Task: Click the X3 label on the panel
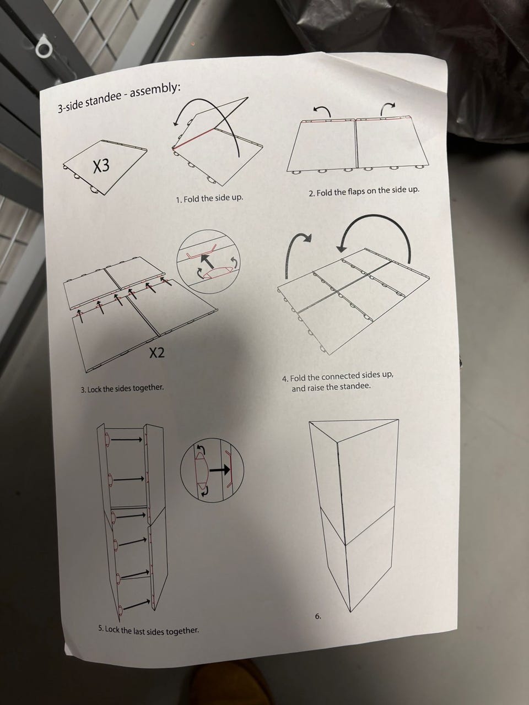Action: [x=101, y=166]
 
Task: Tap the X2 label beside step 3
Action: [x=157, y=353]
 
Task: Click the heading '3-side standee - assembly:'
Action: [x=118, y=97]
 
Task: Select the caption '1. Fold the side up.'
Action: [x=209, y=198]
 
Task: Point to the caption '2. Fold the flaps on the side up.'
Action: [x=364, y=192]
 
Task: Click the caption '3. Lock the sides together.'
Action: [x=122, y=388]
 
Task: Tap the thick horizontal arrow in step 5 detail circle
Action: [x=220, y=470]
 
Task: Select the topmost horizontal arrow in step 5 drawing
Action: [x=126, y=440]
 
